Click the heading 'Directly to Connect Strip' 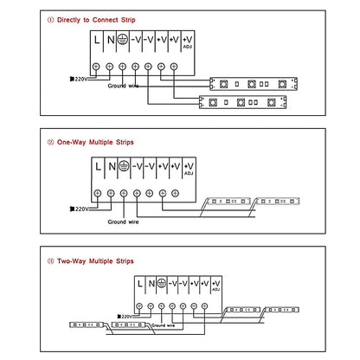tap(96, 20)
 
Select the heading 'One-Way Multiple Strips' tap(95, 142)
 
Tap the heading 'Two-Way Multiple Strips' tap(95, 261)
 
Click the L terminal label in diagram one tap(97, 40)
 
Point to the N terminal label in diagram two tap(112, 166)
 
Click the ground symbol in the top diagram tap(123, 40)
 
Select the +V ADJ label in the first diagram tap(188, 42)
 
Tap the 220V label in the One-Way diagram tap(79, 209)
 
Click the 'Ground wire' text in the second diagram tap(123, 222)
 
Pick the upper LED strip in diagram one tap(254, 84)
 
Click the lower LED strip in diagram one tap(243, 102)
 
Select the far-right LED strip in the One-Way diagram tap(278, 201)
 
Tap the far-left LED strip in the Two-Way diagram tap(87, 325)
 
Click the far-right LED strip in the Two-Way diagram tap(282, 310)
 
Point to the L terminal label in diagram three tap(140, 284)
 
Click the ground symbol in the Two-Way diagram tap(162, 283)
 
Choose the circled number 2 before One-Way tap(50, 142)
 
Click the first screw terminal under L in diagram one tap(96, 67)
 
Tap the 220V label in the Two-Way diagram tap(125, 317)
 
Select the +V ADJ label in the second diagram tap(189, 169)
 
